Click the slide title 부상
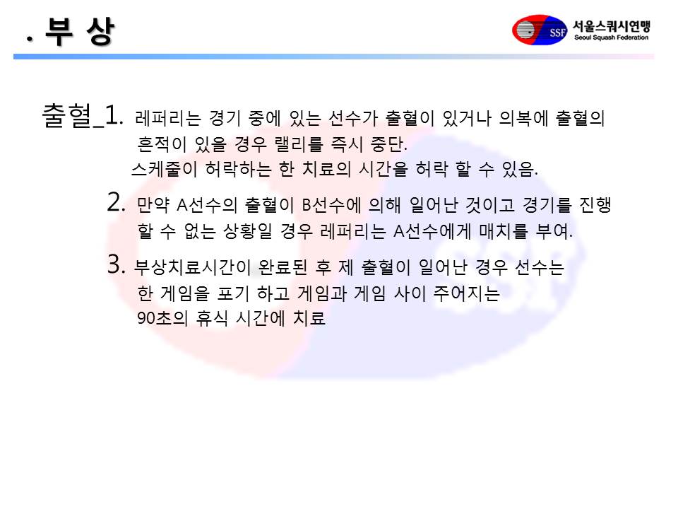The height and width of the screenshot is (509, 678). coord(80,32)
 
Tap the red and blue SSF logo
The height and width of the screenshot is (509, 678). coord(539,30)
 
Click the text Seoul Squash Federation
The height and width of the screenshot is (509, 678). coord(611,37)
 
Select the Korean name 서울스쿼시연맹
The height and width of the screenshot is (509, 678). coord(612,26)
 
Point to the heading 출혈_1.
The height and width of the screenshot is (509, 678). coord(82,116)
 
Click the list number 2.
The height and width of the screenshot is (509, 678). coord(117,202)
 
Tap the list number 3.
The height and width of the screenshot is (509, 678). coord(117,264)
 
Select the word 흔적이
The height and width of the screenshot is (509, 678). coord(162,144)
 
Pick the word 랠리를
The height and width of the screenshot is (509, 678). coord(299,144)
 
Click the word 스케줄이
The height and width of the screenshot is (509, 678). coord(164,169)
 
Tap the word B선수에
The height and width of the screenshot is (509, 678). coord(331,205)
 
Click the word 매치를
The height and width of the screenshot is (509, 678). coord(503,231)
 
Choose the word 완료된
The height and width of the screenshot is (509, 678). coord(282,267)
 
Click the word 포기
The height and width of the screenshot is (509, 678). coord(233,293)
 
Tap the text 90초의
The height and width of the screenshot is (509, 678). coord(162,318)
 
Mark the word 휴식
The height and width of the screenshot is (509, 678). coord(211,318)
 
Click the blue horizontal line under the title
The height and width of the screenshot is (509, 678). coord(333,57)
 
